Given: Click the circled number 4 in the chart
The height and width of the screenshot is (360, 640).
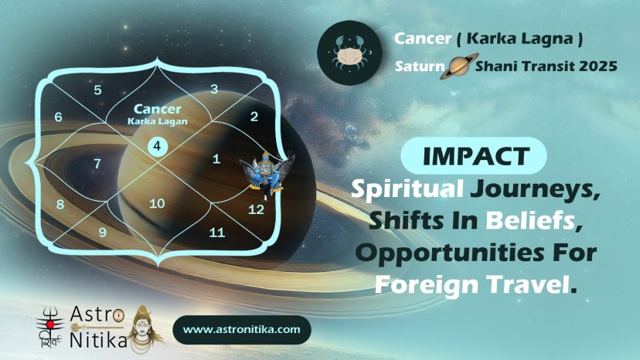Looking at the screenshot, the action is click(157, 146).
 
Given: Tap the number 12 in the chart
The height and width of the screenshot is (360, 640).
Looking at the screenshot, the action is click(256, 209).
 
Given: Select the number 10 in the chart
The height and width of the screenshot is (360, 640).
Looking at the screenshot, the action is click(157, 203).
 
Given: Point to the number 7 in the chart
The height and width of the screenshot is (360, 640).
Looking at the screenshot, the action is click(97, 164).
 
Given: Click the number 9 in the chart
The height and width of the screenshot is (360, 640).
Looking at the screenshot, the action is click(103, 233).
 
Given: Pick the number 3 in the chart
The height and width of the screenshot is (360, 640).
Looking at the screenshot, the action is click(214, 89).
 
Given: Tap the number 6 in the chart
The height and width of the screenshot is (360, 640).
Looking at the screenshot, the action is click(59, 117).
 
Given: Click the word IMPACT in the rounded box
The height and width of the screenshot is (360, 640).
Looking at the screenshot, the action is click(476, 156).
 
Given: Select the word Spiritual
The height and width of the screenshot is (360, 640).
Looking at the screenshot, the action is click(407, 188).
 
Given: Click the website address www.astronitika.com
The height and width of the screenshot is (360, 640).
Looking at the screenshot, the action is click(242, 329).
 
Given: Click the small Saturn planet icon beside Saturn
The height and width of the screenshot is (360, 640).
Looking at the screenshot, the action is click(459, 66).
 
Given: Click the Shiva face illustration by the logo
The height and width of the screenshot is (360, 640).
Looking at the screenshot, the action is click(143, 330).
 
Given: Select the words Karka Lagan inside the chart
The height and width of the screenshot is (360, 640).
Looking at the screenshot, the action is click(158, 121).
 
